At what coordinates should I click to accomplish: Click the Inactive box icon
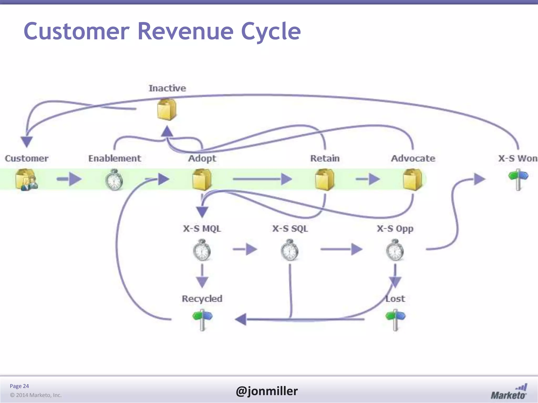(167, 110)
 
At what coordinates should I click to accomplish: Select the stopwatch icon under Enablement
(114, 180)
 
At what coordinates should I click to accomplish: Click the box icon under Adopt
(202, 179)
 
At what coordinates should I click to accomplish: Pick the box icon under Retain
(325, 179)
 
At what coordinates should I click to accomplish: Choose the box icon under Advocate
(412, 179)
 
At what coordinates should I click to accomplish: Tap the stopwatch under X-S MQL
(202, 250)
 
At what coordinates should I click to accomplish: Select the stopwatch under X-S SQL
(289, 250)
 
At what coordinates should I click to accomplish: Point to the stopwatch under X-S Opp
(395, 250)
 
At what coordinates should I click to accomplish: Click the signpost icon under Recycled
(202, 320)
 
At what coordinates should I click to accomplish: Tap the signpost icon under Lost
(395, 320)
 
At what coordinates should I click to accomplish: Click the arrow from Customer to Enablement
(69, 179)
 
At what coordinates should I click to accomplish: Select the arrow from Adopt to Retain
(262, 179)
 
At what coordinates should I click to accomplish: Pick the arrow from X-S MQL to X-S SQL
(245, 249)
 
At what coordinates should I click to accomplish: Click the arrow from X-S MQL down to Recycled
(202, 276)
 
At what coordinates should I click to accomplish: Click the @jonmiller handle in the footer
(267, 391)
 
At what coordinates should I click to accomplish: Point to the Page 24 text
(19, 386)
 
